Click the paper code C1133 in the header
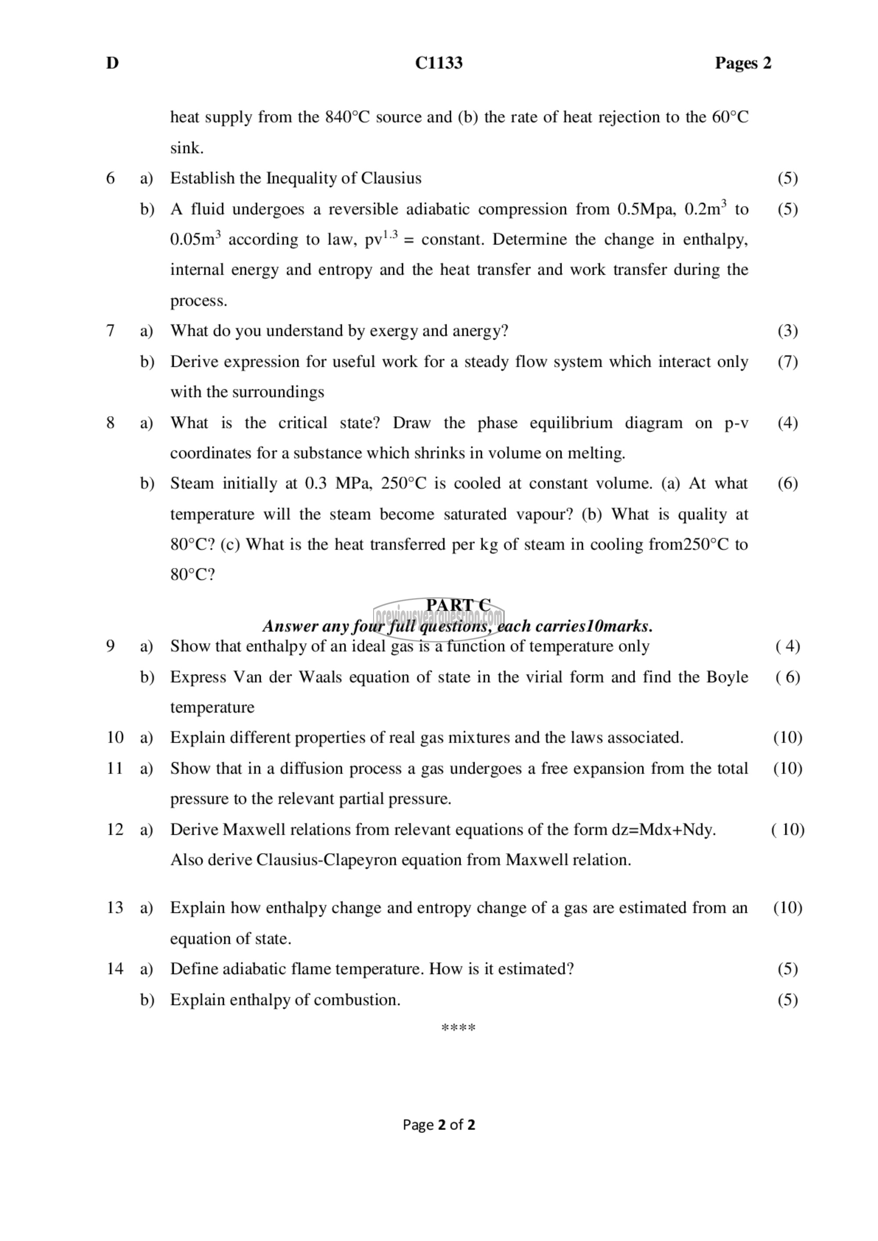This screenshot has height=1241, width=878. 439,63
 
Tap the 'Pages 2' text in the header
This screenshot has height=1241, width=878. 743,63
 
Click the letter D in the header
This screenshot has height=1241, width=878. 112,63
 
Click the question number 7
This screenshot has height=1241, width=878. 110,331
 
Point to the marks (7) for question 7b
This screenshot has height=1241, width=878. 787,362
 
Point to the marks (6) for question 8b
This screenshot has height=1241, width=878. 787,483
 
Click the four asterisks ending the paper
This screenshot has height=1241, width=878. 458,1027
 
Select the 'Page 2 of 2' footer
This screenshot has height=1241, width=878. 439,1125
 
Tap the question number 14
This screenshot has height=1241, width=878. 115,968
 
